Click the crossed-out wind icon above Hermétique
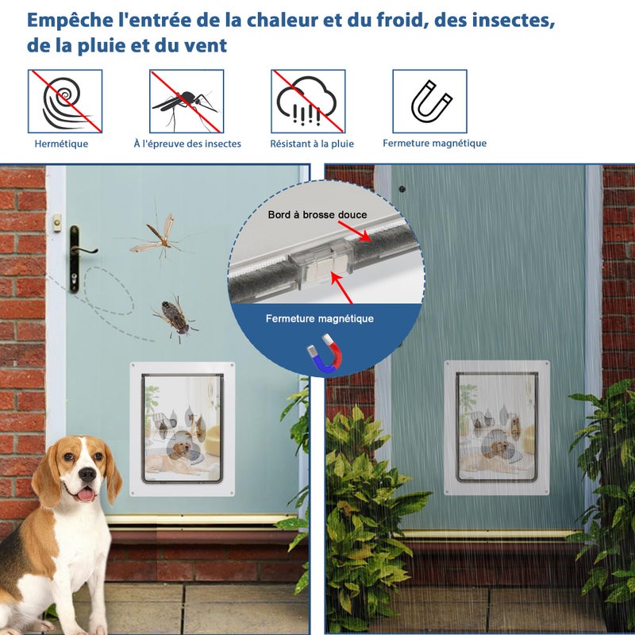pyautogui.click(x=65, y=101)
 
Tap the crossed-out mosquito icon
pyautogui.click(x=187, y=101)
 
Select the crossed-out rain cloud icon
pyautogui.click(x=308, y=101)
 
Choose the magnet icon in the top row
pyautogui.click(x=430, y=101)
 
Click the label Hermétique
pyautogui.click(x=61, y=144)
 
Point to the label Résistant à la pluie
pyautogui.click(x=312, y=144)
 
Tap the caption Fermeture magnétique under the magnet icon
pyautogui.click(x=434, y=143)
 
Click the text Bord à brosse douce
pyautogui.click(x=317, y=215)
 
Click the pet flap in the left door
pyautogui.click(x=183, y=429)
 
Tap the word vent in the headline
pyautogui.click(x=206, y=45)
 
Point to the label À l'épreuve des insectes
pyautogui.click(x=187, y=144)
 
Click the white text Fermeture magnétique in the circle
pyautogui.click(x=320, y=318)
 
